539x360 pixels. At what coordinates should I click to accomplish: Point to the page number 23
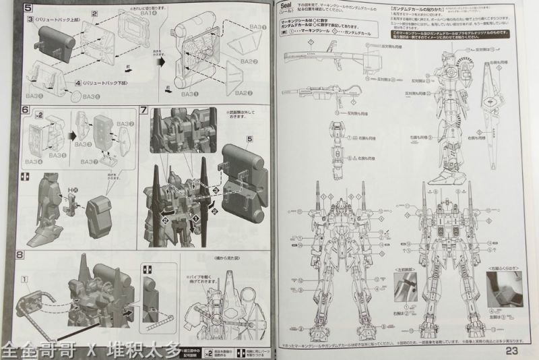pos(511,350)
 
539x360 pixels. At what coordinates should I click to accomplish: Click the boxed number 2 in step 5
pos(96,13)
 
